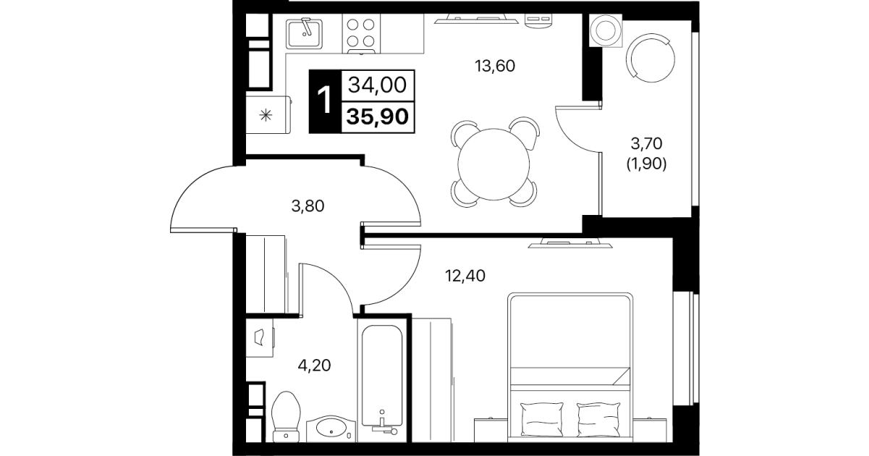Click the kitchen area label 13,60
coord(495,66)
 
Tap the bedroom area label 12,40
coord(465,276)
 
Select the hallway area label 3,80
coord(308,206)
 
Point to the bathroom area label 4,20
coord(314,366)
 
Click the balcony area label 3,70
coord(647,144)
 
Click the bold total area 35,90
coord(378,117)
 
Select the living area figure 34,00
coord(378,85)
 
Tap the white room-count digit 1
coord(324,100)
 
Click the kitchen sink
coord(305,34)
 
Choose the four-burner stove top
coord(361,33)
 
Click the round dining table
coord(493,164)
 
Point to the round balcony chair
coord(650,58)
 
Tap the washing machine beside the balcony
coord(606,30)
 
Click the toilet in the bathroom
coord(287,416)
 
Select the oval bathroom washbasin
coord(331,428)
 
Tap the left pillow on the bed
coord(541,420)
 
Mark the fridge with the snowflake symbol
coord(268,115)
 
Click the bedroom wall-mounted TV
coord(570,244)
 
